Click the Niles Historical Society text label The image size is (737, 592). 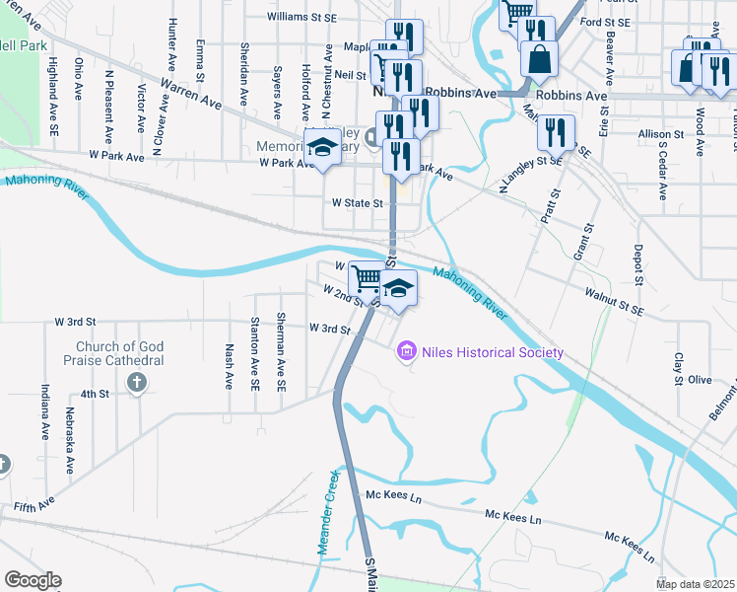[493, 352]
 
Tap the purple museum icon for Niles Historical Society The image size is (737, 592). [406, 351]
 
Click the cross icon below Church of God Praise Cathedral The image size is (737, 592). [137, 382]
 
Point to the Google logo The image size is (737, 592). [33, 579]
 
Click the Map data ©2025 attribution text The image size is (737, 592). [695, 584]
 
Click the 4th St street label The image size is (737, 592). [95, 394]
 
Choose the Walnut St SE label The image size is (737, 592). [614, 301]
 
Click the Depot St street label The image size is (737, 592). [638, 264]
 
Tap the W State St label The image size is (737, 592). [357, 202]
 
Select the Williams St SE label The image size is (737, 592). [301, 17]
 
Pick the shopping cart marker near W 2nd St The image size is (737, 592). [366, 279]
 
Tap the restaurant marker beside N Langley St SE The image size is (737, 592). [557, 132]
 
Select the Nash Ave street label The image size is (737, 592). [229, 366]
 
